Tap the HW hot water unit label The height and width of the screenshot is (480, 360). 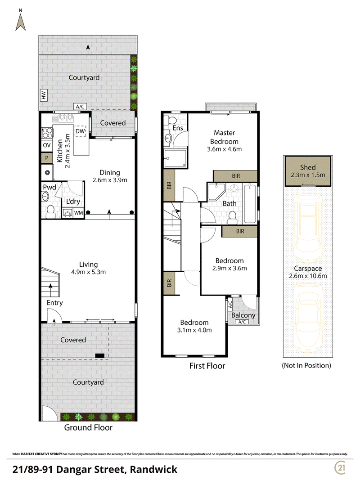coord(44,95)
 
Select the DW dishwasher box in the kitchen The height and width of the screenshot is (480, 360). coord(80,131)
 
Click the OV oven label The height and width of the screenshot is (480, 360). coord(46,145)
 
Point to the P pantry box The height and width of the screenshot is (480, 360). coord(47,158)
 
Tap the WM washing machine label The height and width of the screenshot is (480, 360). coord(78,213)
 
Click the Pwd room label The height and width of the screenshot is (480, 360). coord(49,187)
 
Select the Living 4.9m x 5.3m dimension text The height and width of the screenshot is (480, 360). coord(89,272)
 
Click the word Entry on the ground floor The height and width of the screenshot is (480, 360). coord(55,303)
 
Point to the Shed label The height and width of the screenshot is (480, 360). coord(308,167)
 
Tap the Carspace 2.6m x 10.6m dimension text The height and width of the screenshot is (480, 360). coord(308,276)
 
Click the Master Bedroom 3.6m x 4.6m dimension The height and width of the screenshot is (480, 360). coord(225,149)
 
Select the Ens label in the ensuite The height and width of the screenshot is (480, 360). coord(178,128)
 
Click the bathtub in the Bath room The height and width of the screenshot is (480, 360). coord(250,203)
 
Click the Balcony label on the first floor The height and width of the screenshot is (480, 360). coord(243,315)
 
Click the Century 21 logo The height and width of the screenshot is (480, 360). coord(341,467)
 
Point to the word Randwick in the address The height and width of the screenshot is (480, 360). coord(153,469)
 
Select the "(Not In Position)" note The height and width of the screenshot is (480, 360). coord(306,365)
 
